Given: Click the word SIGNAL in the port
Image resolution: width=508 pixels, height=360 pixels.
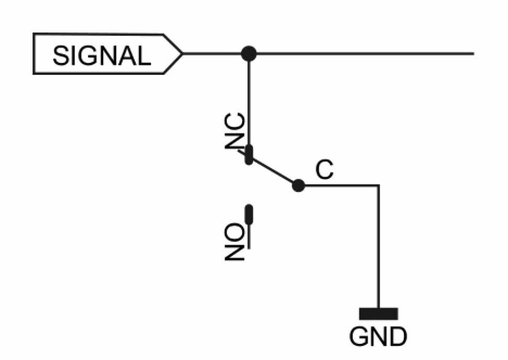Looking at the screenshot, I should point(102,54).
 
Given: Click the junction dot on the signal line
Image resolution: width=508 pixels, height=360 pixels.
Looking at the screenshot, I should point(249,53).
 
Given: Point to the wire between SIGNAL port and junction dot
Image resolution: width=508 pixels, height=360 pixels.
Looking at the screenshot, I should point(215,53).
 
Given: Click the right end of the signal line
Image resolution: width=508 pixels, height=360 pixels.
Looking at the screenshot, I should point(472,53).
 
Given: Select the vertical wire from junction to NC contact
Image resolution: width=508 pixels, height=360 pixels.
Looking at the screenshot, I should point(249,99).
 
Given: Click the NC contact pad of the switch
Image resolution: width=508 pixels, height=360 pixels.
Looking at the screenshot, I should point(249,155).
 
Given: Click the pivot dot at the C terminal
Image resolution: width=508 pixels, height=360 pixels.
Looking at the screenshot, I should point(298,185).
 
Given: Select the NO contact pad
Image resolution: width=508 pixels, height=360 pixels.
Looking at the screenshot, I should point(249,214).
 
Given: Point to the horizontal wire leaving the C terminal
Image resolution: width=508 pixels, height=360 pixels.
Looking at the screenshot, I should point(340,185).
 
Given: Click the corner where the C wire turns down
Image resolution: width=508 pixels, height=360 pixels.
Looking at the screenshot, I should point(378,185).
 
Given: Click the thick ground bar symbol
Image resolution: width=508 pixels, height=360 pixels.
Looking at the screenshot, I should point(378,313).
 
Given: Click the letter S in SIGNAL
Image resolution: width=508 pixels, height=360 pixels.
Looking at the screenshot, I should point(61,54).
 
